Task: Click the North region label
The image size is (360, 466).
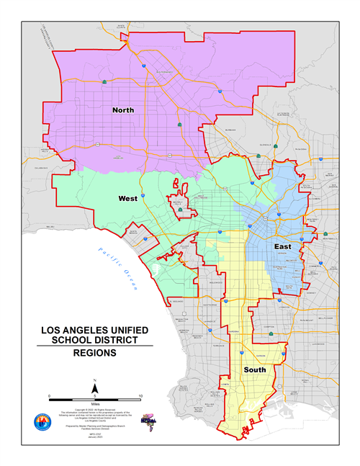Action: point(122,110)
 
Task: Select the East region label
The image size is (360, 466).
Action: point(283,247)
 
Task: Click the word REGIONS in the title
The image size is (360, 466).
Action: point(94,353)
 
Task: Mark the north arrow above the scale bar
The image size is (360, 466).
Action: point(94,389)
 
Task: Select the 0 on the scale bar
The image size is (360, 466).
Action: point(49,395)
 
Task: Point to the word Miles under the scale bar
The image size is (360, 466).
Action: point(94,405)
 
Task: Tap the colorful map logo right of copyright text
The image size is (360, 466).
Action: point(150,420)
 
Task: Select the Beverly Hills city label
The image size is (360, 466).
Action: point(176,204)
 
